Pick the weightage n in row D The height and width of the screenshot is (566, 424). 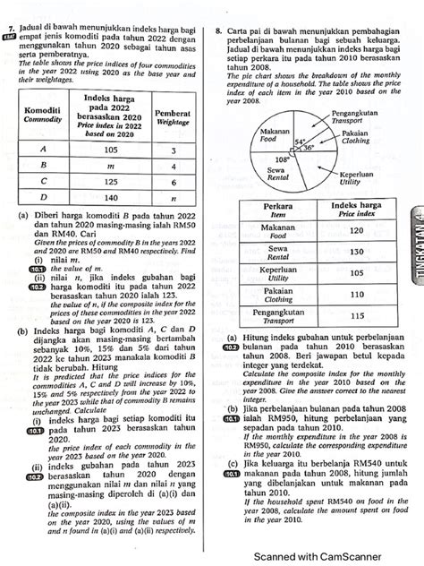point(171,197)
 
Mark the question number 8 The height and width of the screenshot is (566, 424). point(220,30)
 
